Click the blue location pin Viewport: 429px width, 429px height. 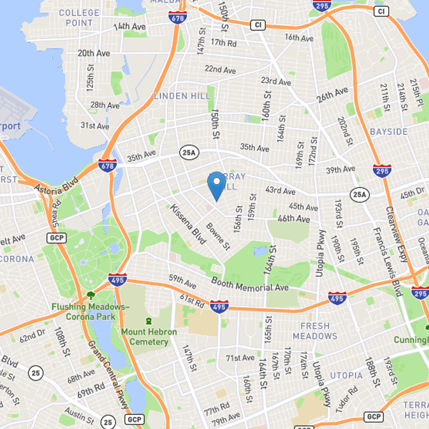216,185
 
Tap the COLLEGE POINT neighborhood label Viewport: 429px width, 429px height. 79,17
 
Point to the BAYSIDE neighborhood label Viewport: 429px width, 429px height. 389,131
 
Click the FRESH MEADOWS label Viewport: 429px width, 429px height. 315,331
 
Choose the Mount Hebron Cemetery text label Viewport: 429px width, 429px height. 149,337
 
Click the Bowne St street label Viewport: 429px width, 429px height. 218,236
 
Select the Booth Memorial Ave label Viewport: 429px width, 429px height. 250,284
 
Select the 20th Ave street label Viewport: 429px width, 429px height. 93,53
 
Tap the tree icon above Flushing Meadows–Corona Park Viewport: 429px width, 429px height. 91,295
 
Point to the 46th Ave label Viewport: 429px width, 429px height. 294,219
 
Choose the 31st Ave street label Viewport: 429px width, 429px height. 95,125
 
